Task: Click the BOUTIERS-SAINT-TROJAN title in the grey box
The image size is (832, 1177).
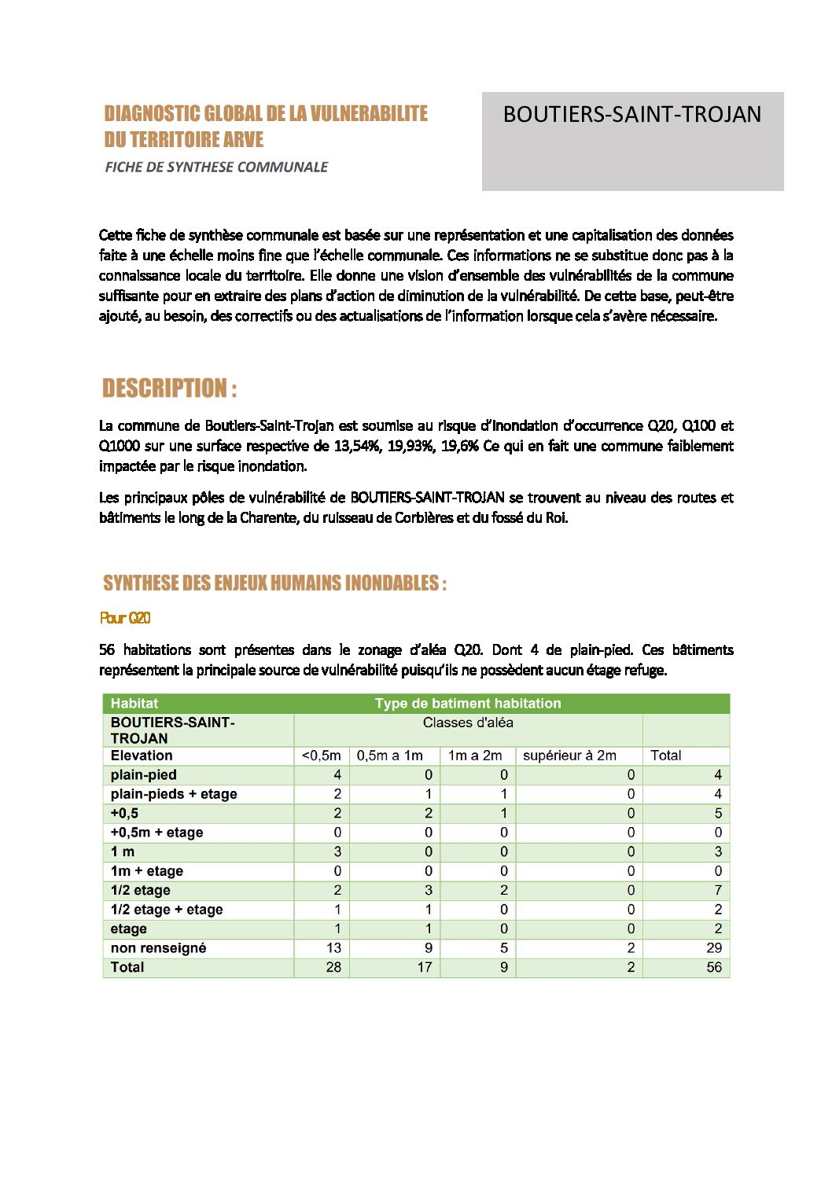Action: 631,115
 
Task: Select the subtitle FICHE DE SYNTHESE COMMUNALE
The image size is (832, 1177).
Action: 216,167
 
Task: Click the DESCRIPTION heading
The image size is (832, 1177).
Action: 169,388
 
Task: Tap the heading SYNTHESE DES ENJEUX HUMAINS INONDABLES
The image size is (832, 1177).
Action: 274,583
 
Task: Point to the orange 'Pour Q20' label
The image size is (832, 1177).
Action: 125,618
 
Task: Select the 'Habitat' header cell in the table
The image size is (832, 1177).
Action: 134,704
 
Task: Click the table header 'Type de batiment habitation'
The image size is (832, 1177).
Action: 468,704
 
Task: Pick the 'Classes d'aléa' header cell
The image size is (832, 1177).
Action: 468,723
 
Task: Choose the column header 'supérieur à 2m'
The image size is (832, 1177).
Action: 569,756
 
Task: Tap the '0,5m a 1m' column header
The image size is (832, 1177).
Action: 390,756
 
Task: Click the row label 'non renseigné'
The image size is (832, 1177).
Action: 158,948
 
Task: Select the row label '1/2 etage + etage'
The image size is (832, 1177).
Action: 167,910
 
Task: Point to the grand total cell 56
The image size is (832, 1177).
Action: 713,967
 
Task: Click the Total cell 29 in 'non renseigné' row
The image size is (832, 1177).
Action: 713,948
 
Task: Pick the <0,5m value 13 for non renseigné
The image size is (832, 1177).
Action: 333,948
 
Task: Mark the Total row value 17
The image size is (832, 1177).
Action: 425,967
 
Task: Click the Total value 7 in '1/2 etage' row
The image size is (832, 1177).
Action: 717,890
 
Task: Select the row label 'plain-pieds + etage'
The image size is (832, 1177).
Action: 174,794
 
